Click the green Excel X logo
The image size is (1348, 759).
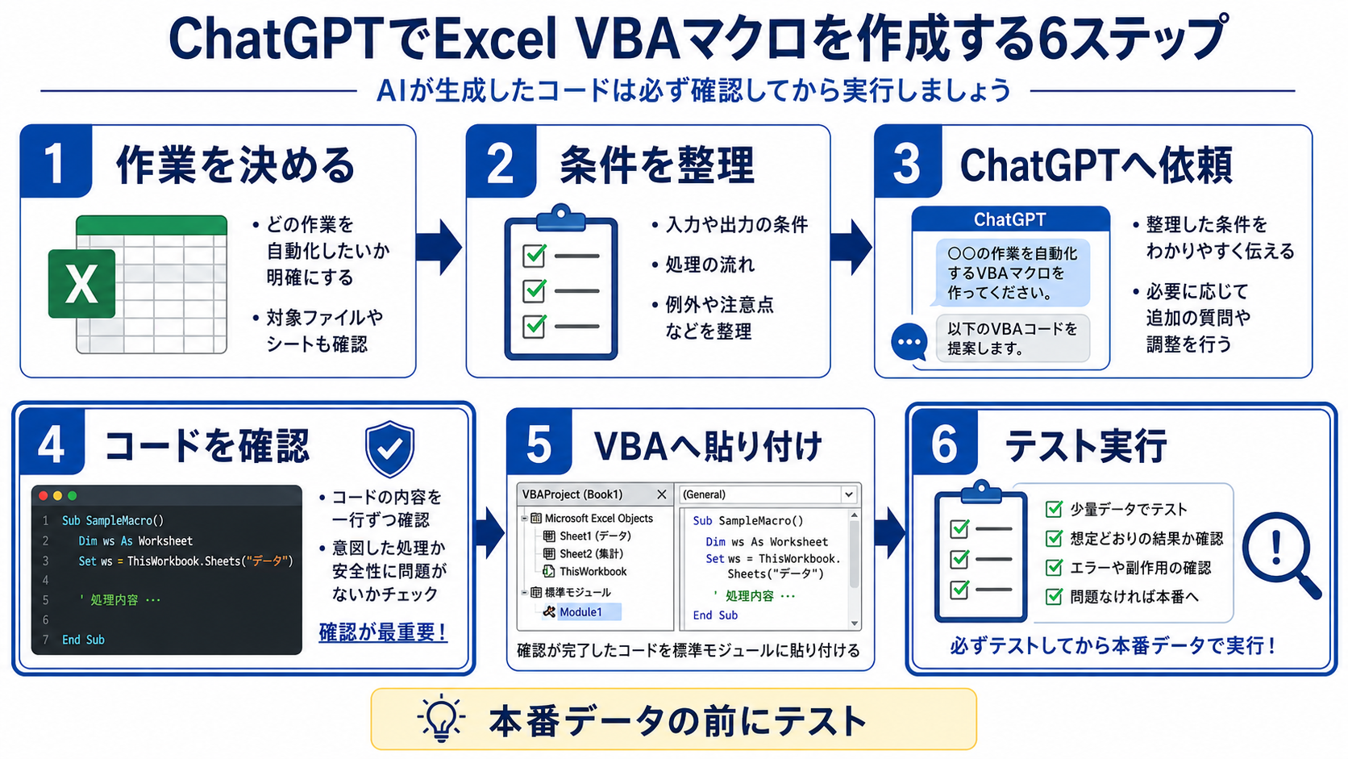pos(82,283)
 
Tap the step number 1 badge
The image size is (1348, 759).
pos(56,161)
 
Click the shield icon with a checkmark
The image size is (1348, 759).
pos(390,448)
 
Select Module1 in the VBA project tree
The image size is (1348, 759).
pos(580,612)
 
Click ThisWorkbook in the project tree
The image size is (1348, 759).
pos(593,571)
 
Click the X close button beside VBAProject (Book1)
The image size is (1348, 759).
pos(662,494)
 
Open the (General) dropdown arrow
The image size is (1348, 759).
pos(848,494)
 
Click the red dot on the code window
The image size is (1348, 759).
pos(44,495)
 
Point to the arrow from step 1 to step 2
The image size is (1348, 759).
pos(439,248)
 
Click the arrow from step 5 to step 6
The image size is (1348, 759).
pos(890,532)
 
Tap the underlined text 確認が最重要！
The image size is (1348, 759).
pos(383,632)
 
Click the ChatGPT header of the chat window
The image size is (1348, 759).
pos(1010,219)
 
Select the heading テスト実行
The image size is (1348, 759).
pos(1086,447)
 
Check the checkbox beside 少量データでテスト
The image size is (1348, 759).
pos(1054,509)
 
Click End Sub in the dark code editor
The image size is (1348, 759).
pos(83,640)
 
